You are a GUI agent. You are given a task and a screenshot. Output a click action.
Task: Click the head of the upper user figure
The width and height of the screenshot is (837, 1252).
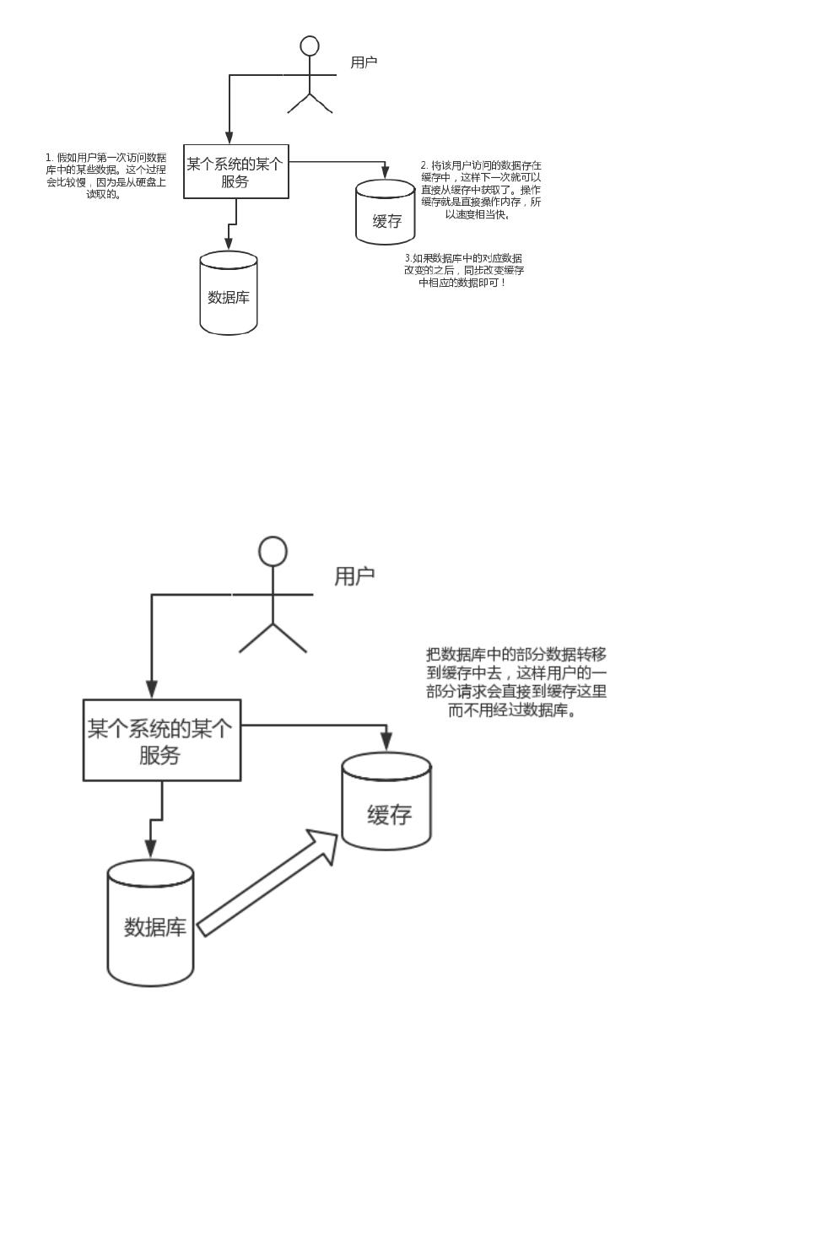[310, 46]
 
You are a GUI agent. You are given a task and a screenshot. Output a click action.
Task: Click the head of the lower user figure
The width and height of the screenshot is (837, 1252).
[273, 551]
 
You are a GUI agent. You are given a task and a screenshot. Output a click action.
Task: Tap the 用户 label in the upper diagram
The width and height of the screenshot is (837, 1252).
[364, 62]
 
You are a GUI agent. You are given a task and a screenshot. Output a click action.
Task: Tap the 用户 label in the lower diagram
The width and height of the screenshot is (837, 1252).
[354, 576]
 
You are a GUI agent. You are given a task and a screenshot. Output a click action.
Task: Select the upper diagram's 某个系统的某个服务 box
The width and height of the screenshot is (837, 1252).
[235, 172]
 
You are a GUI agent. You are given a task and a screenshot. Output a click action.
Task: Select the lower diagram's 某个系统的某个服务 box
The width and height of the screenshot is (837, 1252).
[161, 740]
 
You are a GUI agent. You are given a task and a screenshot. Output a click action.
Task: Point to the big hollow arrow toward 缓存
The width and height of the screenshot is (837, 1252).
[269, 882]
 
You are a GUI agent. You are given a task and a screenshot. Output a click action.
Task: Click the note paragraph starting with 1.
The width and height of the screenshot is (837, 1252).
[105, 175]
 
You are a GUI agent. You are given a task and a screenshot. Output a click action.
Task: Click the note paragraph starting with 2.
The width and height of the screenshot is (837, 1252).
[481, 190]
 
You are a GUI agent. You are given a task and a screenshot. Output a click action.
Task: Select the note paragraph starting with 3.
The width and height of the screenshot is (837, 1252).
[463, 270]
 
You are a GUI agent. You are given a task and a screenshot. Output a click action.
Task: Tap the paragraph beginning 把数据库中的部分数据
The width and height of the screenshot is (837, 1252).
[516, 682]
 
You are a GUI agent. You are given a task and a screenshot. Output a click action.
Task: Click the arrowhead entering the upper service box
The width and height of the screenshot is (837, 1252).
[229, 138]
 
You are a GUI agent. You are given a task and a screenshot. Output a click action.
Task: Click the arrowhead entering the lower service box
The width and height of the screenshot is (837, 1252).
[152, 688]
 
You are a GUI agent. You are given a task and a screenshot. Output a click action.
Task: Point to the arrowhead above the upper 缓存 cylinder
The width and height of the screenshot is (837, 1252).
[386, 172]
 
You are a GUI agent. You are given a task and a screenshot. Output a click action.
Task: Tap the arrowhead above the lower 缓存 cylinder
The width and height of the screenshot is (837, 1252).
[386, 741]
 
